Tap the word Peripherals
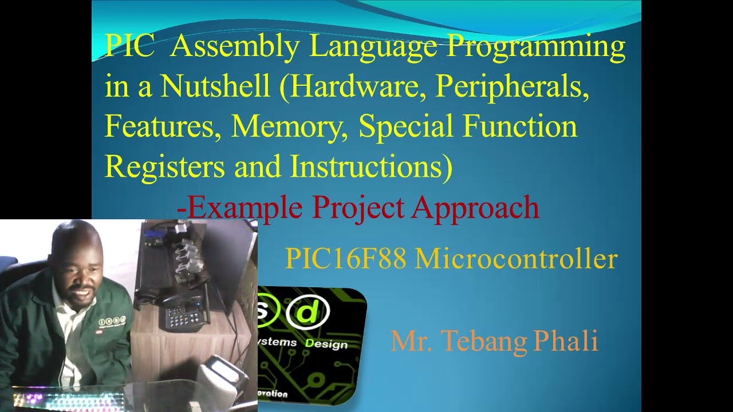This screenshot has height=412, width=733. click(512, 87)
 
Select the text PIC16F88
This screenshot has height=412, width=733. click(345, 259)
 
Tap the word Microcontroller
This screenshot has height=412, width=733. click(516, 259)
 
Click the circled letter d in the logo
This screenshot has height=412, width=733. click(308, 312)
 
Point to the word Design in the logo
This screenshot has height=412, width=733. click(326, 344)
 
